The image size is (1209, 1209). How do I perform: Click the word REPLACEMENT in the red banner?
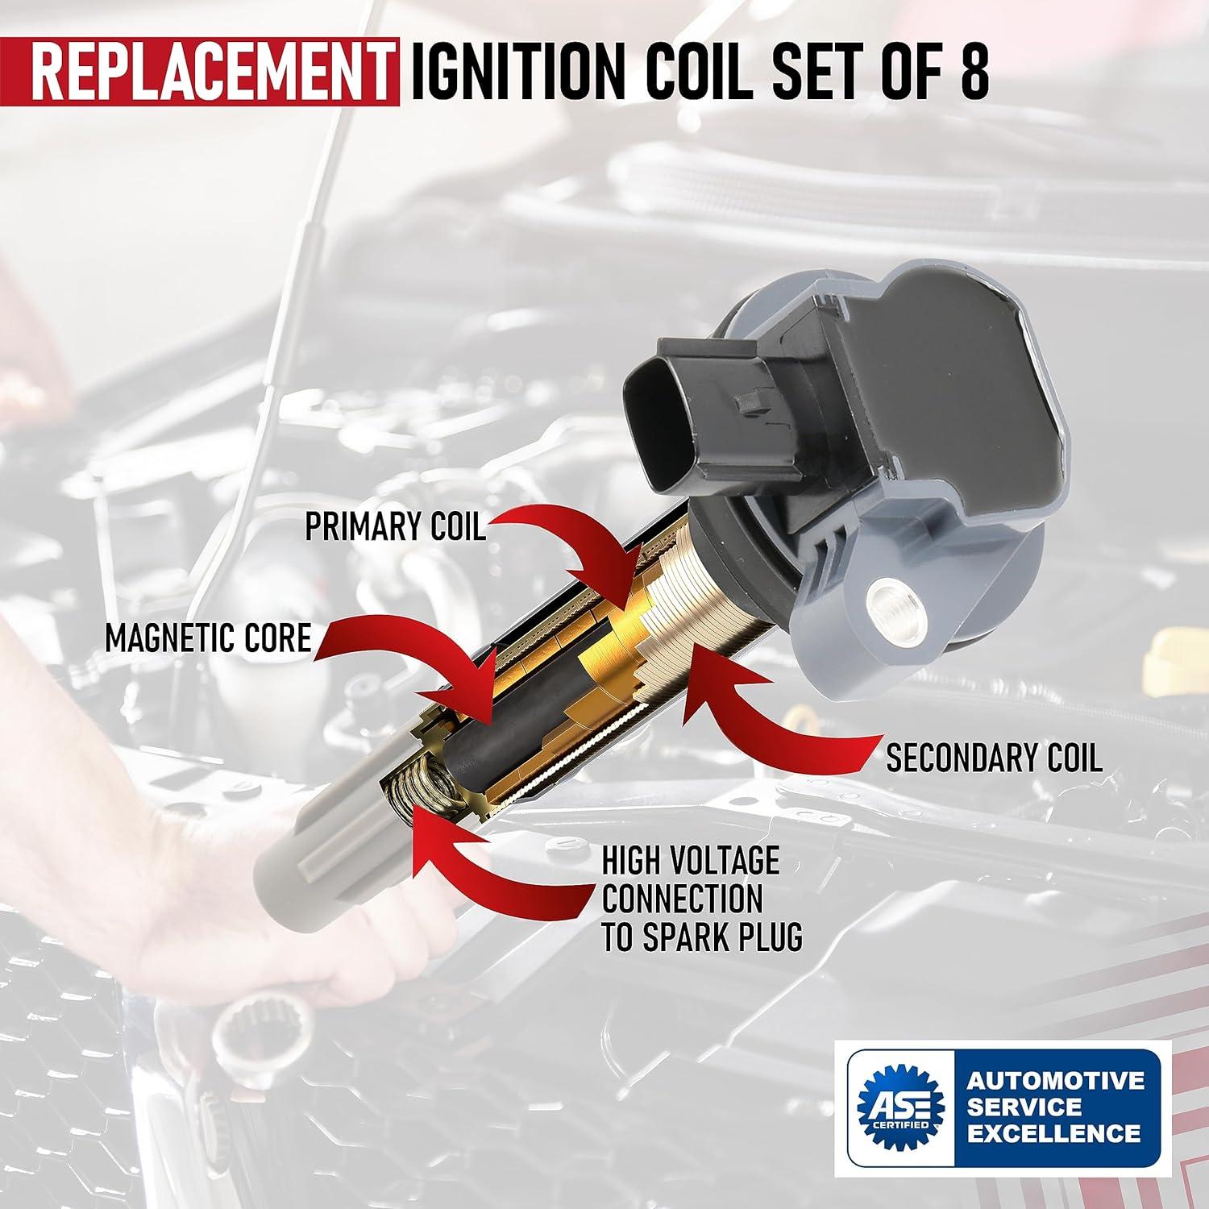pos(211,73)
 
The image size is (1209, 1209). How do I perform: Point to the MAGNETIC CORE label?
pos(208,638)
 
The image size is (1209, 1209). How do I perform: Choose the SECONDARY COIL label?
pos(994,758)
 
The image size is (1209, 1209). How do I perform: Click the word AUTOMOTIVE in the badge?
pos(1056,1079)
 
